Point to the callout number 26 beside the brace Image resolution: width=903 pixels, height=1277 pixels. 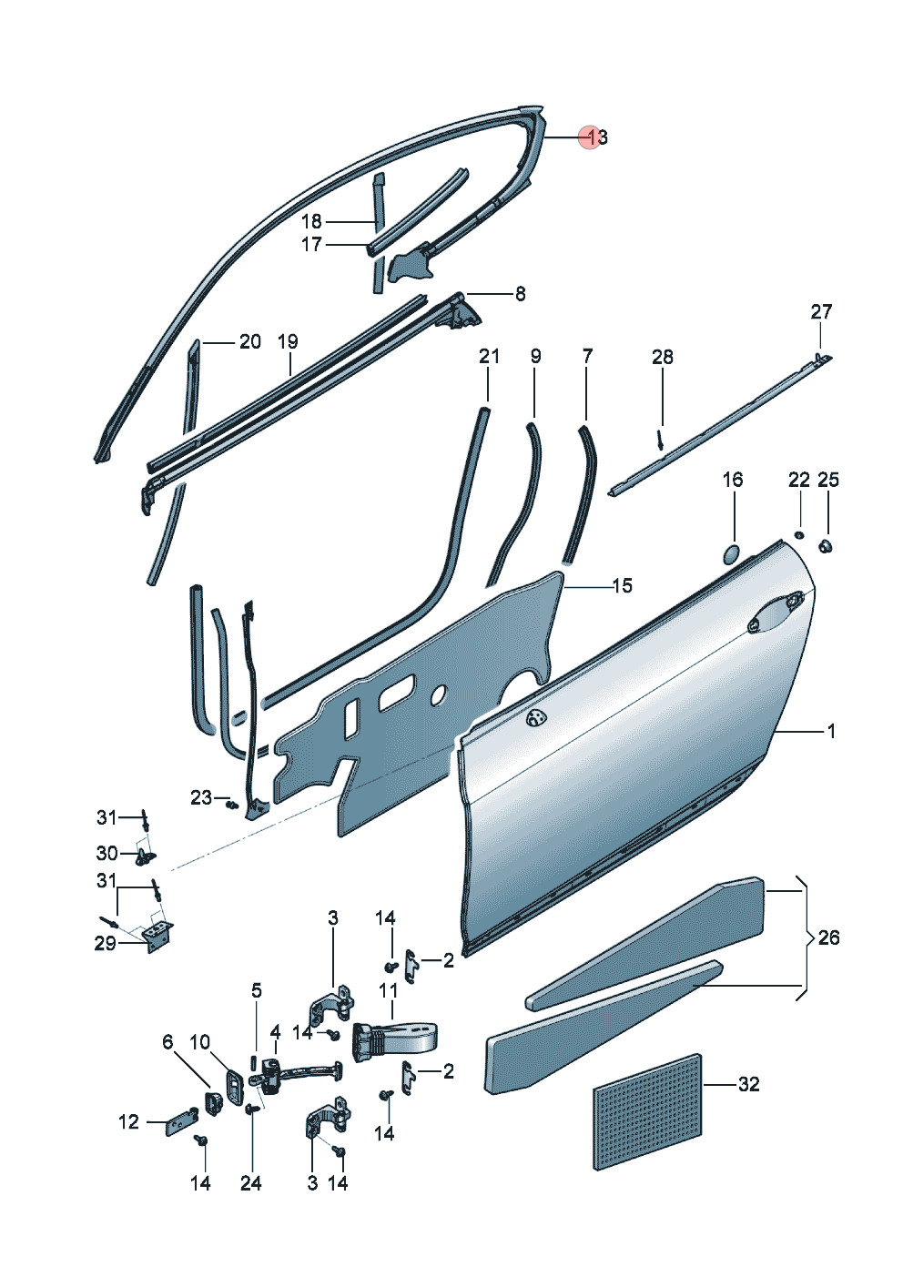point(828,937)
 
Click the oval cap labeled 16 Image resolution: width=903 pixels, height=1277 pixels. point(731,553)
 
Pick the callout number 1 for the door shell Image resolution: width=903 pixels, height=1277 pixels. point(831,731)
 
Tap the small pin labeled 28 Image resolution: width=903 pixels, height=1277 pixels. point(660,439)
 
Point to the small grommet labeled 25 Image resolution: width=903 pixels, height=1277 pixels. point(826,546)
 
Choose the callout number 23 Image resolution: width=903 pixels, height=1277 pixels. point(200,797)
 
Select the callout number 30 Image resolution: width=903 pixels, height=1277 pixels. point(107,854)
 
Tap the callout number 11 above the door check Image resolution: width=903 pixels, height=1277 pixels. point(388,991)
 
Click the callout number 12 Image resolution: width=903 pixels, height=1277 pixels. point(129,1122)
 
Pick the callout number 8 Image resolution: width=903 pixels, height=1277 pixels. point(520,294)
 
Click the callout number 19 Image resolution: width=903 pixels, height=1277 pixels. point(288,342)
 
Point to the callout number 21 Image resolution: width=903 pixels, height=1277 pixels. point(489,356)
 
